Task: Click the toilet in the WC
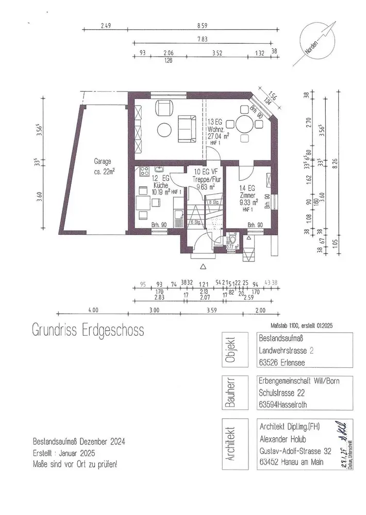[232, 239]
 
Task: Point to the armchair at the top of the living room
[165, 108]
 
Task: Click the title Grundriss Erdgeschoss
[88, 329]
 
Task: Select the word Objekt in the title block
[230, 351]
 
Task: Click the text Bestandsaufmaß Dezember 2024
[78, 441]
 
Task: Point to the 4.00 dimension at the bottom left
[93, 311]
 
